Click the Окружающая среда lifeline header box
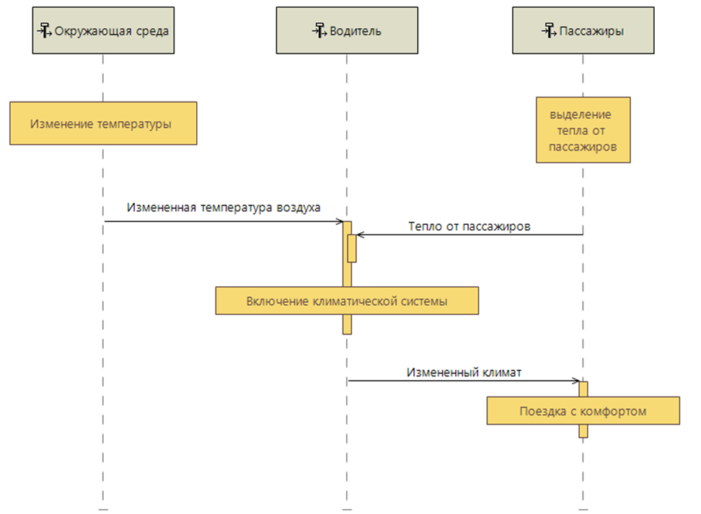tap(103, 30)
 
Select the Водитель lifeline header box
tap(346, 30)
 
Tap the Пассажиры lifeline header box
tap(583, 30)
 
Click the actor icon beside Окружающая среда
tap(45, 31)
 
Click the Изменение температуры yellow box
tap(103, 123)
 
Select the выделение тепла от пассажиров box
tap(583, 130)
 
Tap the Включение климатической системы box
tap(346, 301)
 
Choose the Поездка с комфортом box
tap(583, 411)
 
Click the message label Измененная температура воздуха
tap(224, 208)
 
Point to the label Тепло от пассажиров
tap(469, 226)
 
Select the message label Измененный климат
tap(464, 373)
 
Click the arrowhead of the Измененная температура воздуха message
tap(338, 221)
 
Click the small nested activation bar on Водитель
tap(353, 249)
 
